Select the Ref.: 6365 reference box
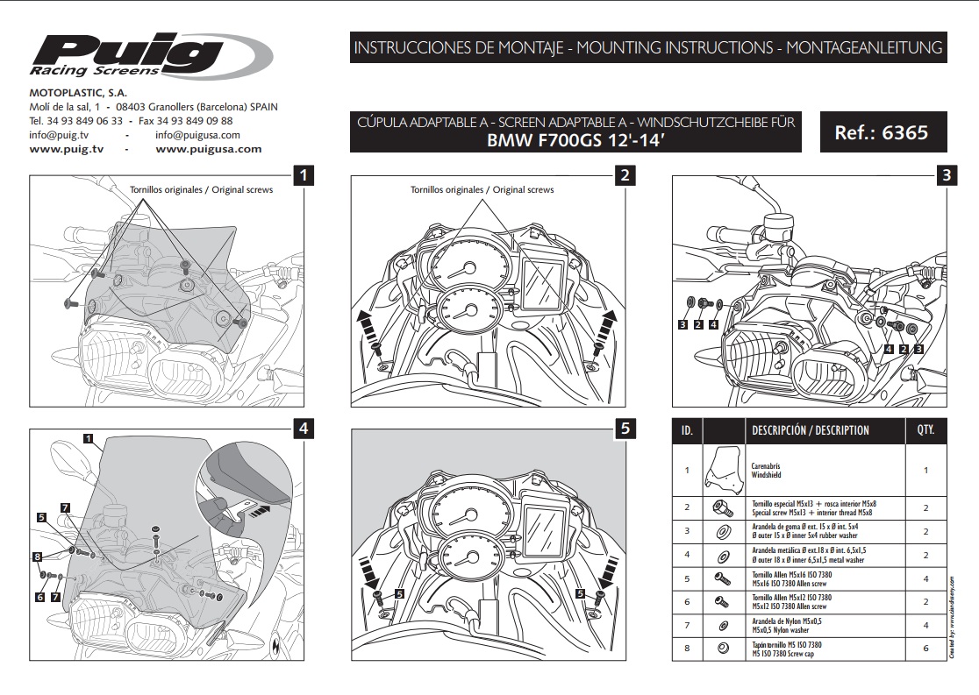[880, 134]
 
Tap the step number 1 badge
[303, 175]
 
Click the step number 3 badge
[946, 175]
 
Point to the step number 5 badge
[625, 429]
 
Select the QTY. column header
[925, 430]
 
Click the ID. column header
[687, 430]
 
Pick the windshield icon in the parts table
[725, 471]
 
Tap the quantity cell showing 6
[925, 649]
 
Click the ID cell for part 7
[687, 625]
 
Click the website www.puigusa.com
[208, 149]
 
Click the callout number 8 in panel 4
[37, 557]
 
